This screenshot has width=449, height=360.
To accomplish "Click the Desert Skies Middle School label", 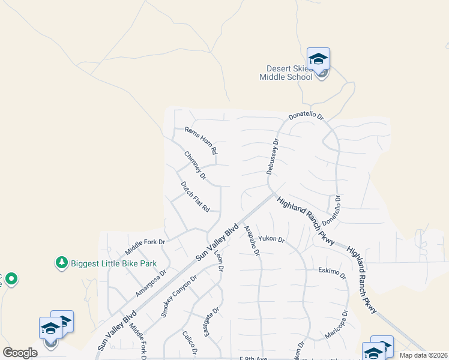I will [286, 73].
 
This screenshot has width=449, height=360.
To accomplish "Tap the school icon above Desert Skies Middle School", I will [318, 59].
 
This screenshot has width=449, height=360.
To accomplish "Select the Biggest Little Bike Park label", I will [113, 263].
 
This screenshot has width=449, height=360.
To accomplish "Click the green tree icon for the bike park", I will [61, 262].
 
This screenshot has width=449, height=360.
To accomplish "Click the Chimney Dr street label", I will [195, 165].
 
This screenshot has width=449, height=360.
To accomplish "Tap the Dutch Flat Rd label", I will [195, 197].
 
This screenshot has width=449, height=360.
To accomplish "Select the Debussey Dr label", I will [273, 157].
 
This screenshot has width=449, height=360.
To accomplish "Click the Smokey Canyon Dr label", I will [179, 296].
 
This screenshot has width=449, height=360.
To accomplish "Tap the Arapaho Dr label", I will [252, 241].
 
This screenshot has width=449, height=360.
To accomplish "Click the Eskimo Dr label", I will [333, 273].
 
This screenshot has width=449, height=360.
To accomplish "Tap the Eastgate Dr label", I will [211, 322].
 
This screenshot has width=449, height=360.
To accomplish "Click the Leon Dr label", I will [218, 262].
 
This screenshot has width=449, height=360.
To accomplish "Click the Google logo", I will [20, 353].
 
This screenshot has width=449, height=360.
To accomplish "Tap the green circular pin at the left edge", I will [12, 278].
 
